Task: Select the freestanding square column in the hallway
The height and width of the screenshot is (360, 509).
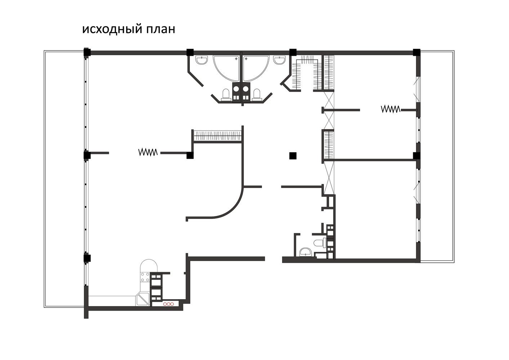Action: point(293,156)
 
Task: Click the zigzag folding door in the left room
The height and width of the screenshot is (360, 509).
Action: point(148,152)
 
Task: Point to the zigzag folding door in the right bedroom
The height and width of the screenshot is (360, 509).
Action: point(390,109)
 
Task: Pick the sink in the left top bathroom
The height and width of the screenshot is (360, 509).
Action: point(201,60)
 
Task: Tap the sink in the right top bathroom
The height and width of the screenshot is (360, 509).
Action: point(280,60)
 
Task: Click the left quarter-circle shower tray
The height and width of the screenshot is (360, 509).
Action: point(227,68)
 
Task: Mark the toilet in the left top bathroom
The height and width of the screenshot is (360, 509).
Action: point(226,95)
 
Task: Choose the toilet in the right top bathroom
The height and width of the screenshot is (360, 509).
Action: point(256,95)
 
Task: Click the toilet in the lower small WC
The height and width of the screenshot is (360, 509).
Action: point(320,243)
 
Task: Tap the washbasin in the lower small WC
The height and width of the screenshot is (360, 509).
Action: point(306,252)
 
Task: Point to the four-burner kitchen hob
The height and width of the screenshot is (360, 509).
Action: point(145,277)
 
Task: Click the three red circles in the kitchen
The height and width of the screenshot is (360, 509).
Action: point(168,304)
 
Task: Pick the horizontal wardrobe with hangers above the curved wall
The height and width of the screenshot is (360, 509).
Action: point(218,136)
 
